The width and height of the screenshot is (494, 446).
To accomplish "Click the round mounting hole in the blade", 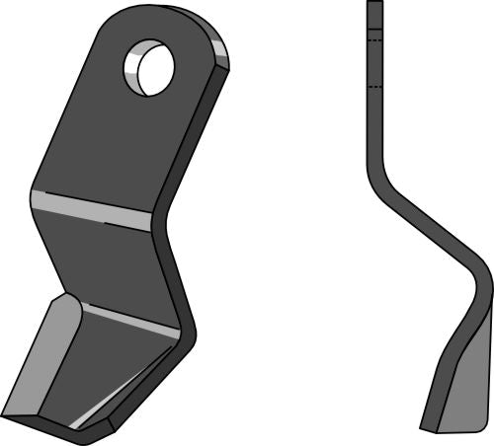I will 150,68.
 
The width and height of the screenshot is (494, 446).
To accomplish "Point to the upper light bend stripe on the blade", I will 92,208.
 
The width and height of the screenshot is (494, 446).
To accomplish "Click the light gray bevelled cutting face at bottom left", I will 40,355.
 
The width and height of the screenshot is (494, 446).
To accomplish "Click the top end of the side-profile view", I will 374,4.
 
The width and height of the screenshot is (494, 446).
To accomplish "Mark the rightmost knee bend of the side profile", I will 485,281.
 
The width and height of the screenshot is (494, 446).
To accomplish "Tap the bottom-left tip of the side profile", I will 424,428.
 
